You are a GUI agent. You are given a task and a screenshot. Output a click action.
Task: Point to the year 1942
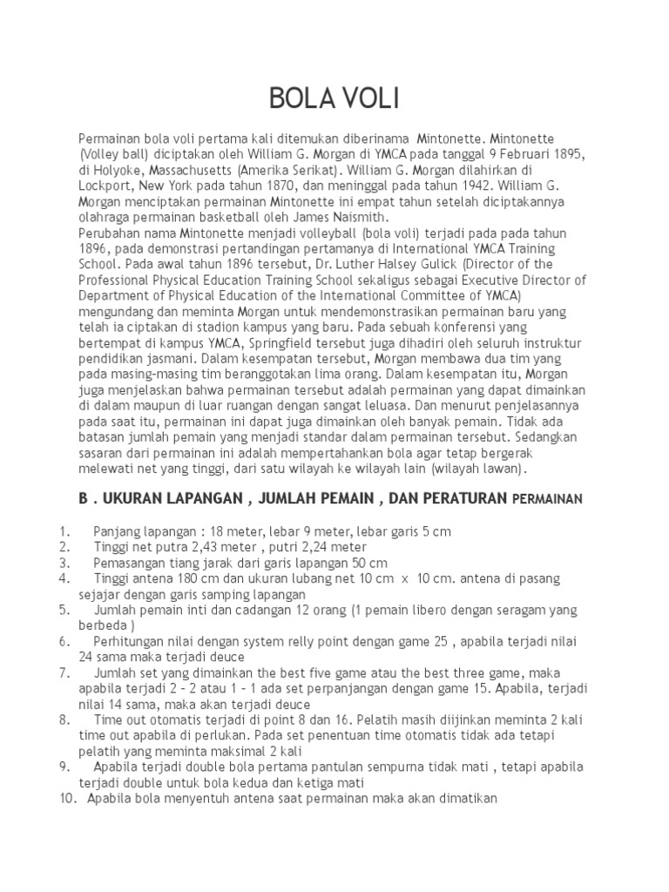[x=446, y=186]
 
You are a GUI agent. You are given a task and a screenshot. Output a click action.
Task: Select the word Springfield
[x=274, y=342]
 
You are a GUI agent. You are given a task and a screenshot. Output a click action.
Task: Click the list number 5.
[x=64, y=610]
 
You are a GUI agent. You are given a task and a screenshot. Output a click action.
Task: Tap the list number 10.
[x=69, y=798]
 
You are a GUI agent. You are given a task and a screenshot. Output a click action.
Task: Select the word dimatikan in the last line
[x=466, y=798]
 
